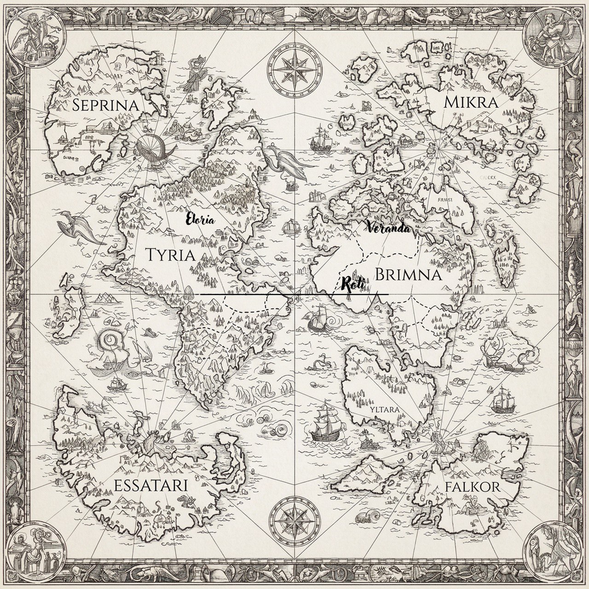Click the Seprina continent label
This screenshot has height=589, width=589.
(x=105, y=105)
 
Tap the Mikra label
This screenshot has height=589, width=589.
(x=471, y=103)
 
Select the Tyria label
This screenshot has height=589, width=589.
(x=170, y=254)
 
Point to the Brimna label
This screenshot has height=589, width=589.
(x=409, y=275)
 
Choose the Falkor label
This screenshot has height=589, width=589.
(x=473, y=487)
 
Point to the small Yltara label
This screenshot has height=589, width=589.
(x=384, y=408)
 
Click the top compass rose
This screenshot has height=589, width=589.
(x=294, y=65)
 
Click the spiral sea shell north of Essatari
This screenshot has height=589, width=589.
(x=110, y=343)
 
